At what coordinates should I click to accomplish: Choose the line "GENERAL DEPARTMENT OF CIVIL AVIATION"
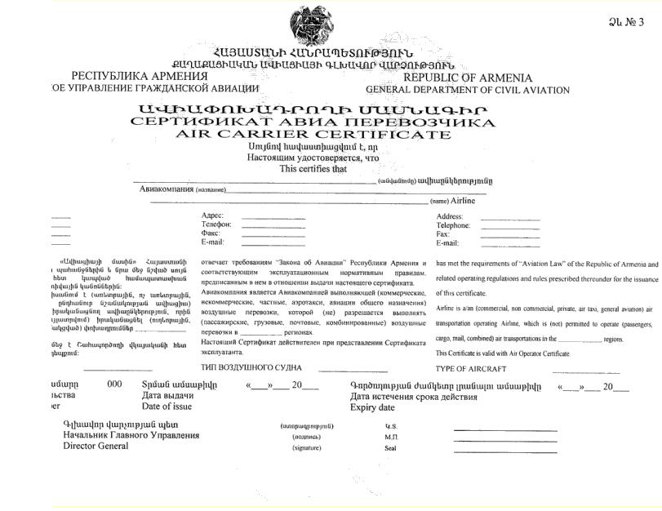[468, 90]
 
